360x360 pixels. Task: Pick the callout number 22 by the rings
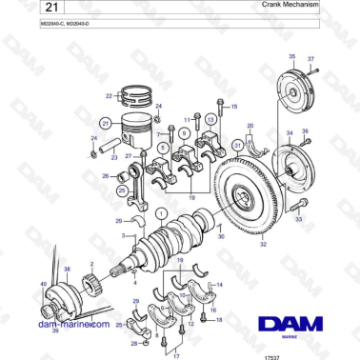(x=110, y=95)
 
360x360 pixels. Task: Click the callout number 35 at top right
(x=291, y=58)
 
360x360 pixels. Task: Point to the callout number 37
(x=310, y=59)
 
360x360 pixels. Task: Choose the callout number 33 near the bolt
(x=298, y=220)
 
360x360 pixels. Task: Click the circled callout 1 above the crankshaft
(x=161, y=213)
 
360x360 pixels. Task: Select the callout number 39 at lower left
(x=55, y=330)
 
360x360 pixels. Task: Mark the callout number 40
(x=43, y=284)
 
